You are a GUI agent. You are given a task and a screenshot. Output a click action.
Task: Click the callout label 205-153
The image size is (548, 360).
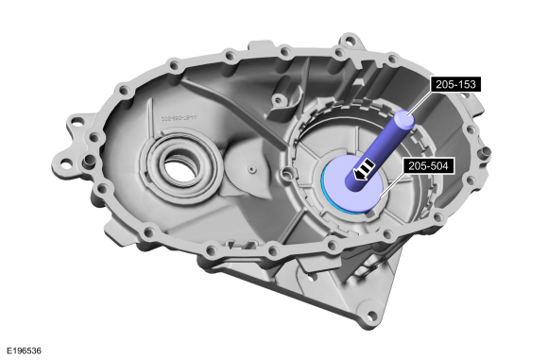(454, 84)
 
